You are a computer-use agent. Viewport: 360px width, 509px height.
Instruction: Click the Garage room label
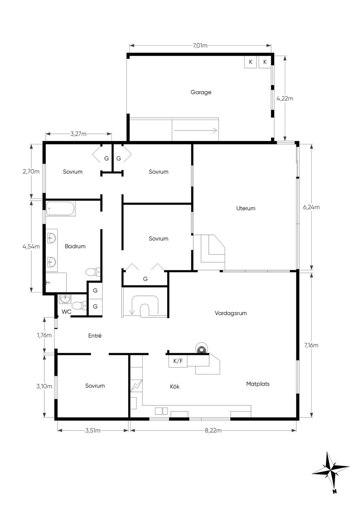(201, 92)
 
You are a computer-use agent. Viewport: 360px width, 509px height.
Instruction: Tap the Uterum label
(246, 208)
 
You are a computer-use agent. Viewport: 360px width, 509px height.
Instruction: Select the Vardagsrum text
(231, 313)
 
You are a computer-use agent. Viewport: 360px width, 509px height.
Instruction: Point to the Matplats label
(258, 384)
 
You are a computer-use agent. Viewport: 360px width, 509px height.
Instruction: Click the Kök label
(174, 387)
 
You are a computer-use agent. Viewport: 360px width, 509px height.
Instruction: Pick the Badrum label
(75, 246)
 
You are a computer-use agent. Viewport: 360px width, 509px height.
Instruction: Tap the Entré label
(95, 336)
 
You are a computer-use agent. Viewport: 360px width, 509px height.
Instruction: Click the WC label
(66, 312)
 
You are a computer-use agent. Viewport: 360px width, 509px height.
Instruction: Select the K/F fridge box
(178, 361)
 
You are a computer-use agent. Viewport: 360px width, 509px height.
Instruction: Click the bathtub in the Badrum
(61, 208)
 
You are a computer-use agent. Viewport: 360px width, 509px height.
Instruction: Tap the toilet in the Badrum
(93, 272)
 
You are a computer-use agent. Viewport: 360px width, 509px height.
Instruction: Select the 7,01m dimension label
(200, 46)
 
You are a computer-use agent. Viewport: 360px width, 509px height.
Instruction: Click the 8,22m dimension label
(213, 430)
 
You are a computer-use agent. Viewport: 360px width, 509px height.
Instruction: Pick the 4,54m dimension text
(31, 246)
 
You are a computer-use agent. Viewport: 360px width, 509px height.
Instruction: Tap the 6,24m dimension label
(311, 207)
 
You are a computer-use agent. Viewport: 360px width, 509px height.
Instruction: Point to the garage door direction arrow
(195, 130)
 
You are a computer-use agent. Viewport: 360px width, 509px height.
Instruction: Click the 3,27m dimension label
(78, 134)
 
